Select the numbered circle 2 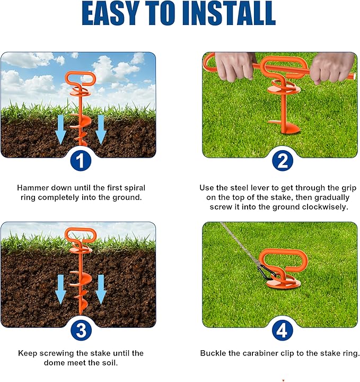[282, 161]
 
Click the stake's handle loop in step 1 [80, 80]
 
